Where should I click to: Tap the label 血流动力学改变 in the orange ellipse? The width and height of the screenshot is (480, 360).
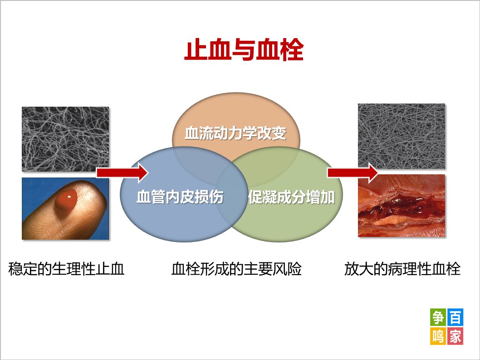pyautogui.click(x=235, y=134)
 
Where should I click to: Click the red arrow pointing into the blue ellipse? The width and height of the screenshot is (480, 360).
pyautogui.click(x=122, y=173)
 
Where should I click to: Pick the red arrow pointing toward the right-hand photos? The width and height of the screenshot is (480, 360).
pyautogui.click(x=353, y=173)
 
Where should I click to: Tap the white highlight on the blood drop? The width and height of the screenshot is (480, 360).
pyautogui.click(x=69, y=197)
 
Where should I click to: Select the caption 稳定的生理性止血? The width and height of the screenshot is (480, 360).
pyautogui.click(x=66, y=270)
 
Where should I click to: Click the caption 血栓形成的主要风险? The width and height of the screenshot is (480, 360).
pyautogui.click(x=236, y=270)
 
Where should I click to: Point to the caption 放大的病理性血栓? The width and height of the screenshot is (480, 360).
pyautogui.click(x=402, y=270)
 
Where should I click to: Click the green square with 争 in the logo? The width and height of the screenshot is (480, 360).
pyautogui.click(x=438, y=317)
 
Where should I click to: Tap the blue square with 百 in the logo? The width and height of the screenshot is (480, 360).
pyautogui.click(x=455, y=317)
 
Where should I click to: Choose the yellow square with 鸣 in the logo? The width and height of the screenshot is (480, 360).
pyautogui.click(x=438, y=336)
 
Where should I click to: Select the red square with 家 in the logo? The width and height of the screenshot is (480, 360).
pyautogui.click(x=455, y=336)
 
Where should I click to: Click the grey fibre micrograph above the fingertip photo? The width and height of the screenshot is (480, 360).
pyautogui.click(x=65, y=139)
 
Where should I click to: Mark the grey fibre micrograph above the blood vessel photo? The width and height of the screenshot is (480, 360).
pyautogui.click(x=401, y=136)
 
